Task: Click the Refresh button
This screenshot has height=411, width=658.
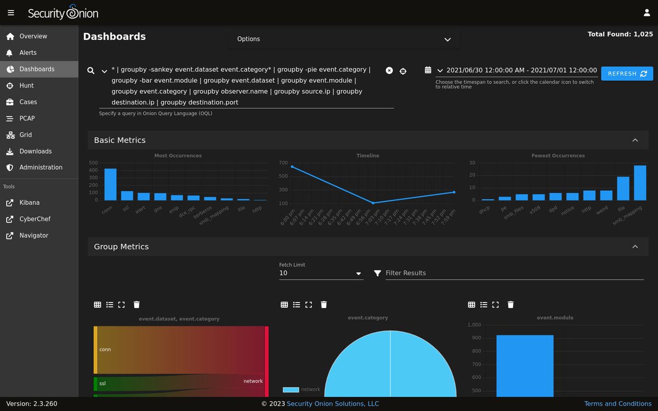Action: click(627, 73)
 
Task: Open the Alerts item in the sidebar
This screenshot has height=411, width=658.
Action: click(28, 53)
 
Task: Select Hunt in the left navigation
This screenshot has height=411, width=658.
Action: click(26, 85)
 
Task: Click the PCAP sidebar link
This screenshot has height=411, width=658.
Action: click(27, 118)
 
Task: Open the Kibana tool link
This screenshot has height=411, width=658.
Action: click(29, 203)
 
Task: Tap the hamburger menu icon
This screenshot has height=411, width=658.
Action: click(11, 13)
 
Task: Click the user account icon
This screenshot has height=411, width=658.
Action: click(646, 13)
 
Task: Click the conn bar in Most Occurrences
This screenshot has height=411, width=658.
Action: click(110, 185)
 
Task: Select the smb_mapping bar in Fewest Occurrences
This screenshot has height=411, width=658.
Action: click(640, 183)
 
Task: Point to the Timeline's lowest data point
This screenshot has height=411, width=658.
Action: click(373, 203)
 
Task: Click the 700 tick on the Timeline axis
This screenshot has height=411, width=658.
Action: click(283, 163)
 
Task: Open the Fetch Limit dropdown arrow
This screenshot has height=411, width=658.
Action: click(359, 273)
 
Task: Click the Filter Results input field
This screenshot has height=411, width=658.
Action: click(514, 273)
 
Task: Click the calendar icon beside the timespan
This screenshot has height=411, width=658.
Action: click(428, 70)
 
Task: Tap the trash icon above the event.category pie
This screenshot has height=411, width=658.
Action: click(324, 305)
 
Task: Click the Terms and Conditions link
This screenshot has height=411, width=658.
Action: click(617, 404)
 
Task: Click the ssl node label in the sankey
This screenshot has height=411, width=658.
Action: click(103, 384)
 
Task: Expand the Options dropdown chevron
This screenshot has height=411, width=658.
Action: click(447, 39)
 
